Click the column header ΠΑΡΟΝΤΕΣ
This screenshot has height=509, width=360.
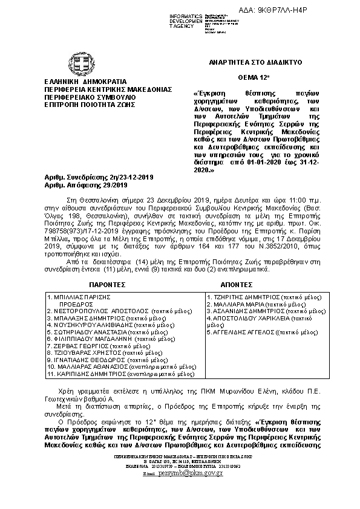pos(103,283)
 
